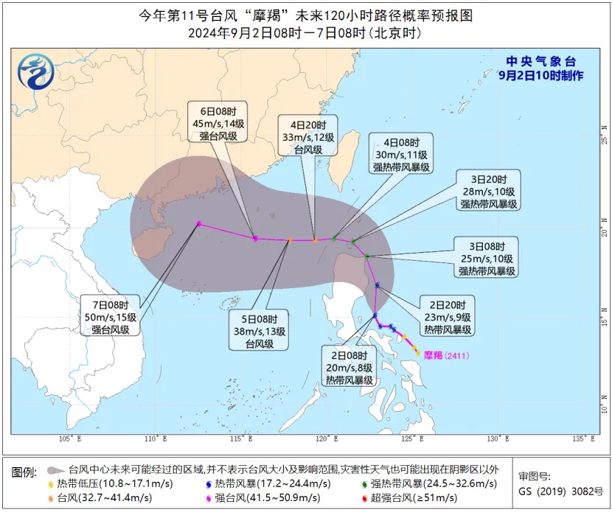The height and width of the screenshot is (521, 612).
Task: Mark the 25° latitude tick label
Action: tap(604, 138)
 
